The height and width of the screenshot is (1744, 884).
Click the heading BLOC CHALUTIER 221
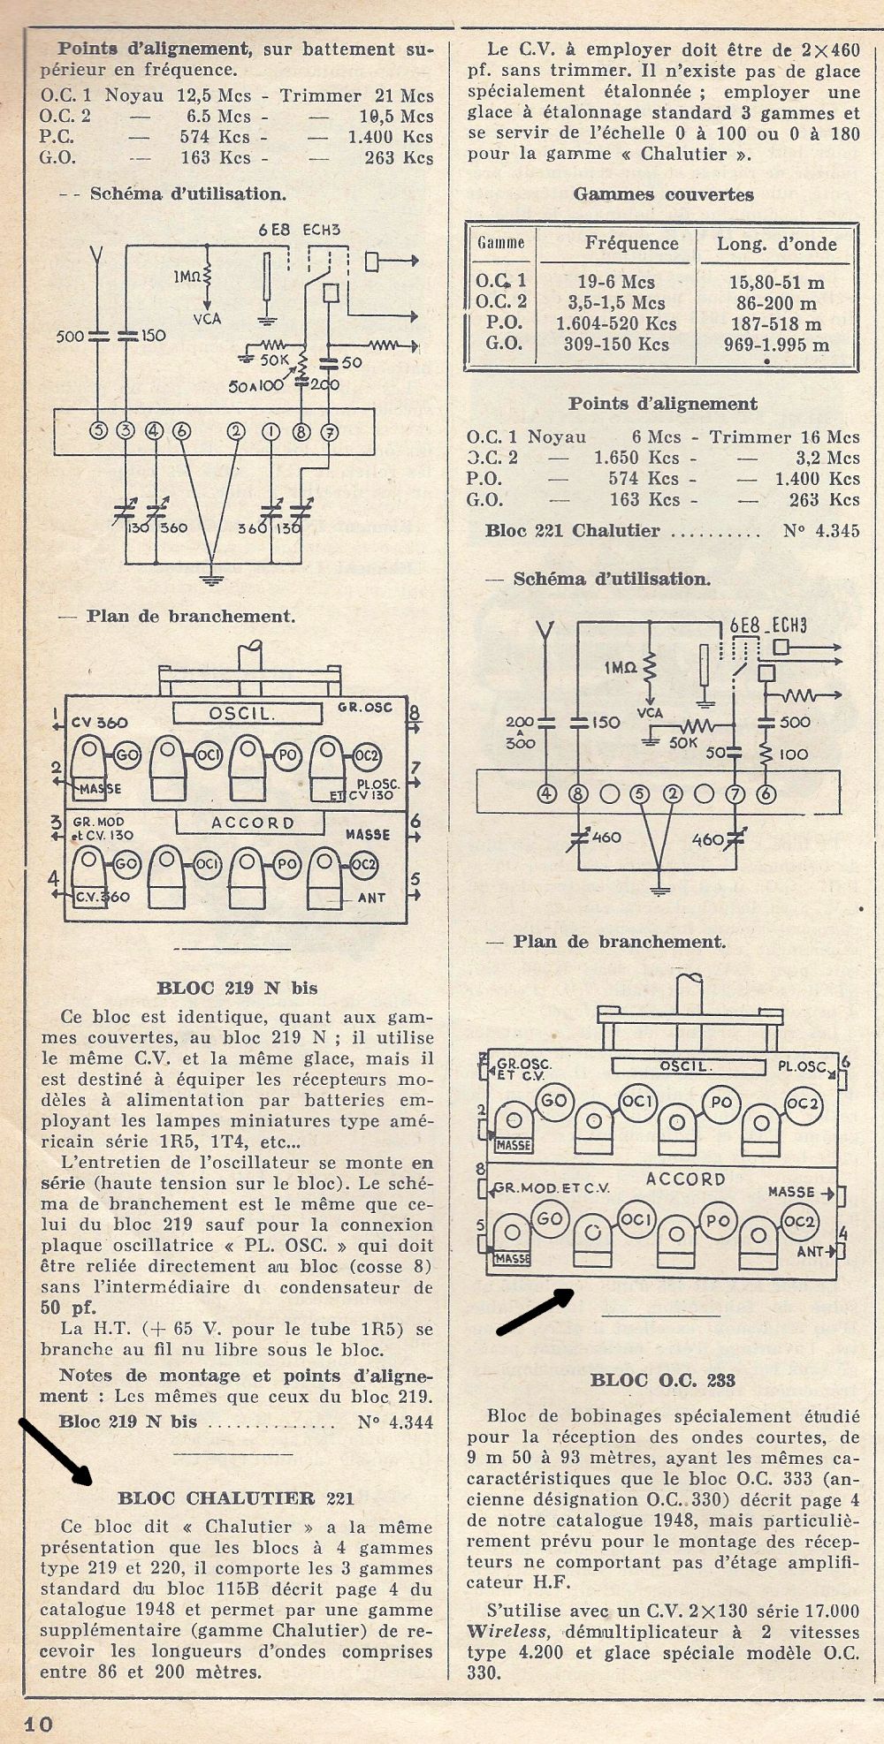pyautogui.click(x=236, y=1498)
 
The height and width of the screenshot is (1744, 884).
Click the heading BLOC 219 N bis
pyautogui.click(x=237, y=988)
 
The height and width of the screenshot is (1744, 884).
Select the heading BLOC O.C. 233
pyautogui.click(x=663, y=1380)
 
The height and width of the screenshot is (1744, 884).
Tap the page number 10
pyautogui.click(x=40, y=1724)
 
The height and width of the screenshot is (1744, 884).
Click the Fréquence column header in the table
pyautogui.click(x=631, y=243)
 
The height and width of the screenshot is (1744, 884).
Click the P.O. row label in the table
pyautogui.click(x=504, y=323)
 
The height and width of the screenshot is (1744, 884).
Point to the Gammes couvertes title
pyautogui.click(x=664, y=194)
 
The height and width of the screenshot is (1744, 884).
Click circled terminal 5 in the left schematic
pyautogui.click(x=99, y=431)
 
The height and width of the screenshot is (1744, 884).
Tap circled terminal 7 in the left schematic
pyautogui.click(x=330, y=432)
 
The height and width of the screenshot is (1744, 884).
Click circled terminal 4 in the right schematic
pyautogui.click(x=548, y=793)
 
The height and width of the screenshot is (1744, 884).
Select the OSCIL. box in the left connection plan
pyautogui.click(x=239, y=712)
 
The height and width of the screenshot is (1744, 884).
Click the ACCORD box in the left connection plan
pyautogui.click(x=253, y=823)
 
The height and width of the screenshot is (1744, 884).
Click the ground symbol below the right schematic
pyautogui.click(x=657, y=890)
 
